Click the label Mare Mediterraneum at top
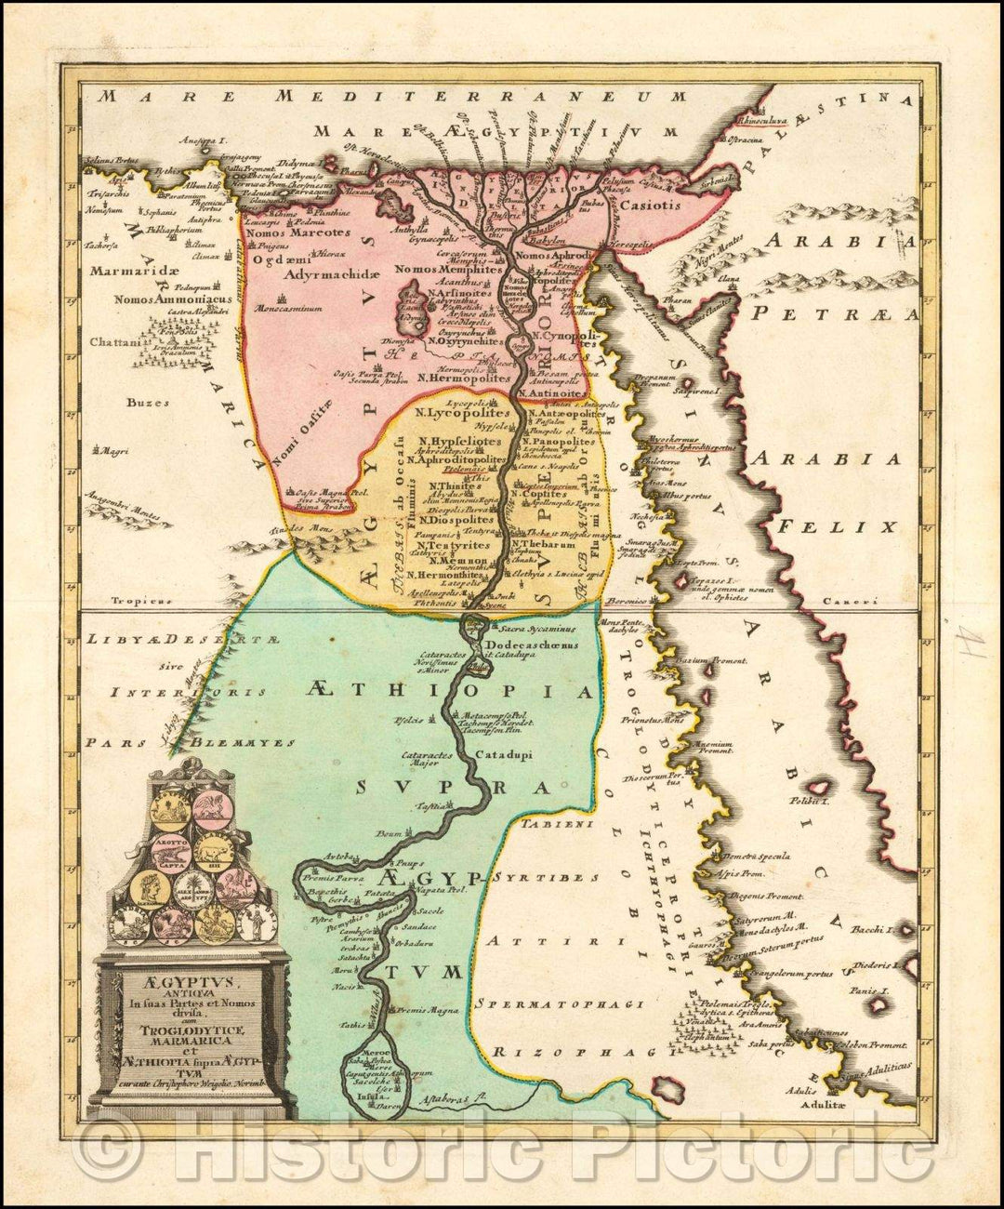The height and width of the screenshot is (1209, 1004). tap(390, 96)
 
